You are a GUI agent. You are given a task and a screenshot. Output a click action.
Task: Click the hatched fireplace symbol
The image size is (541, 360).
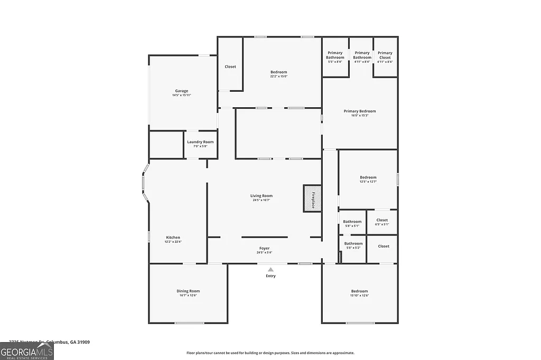click(312, 198)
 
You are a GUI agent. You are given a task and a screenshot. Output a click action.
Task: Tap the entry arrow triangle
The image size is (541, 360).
click(270, 269)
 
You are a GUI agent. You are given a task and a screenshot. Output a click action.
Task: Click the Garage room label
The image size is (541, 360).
click(182, 91)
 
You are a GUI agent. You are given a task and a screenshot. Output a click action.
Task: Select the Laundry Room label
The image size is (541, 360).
click(200, 142)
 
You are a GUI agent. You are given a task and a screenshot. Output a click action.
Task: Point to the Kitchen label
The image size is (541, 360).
click(173, 238)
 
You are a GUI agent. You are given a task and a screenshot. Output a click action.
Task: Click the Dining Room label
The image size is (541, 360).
click(188, 291)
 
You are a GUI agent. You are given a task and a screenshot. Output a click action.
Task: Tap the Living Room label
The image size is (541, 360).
click(262, 196)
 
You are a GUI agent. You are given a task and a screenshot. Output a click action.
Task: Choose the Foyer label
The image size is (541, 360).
click(264, 248)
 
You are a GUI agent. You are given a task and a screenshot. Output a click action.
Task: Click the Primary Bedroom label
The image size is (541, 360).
click(360, 111)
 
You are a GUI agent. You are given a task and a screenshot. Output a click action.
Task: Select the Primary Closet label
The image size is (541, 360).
click(385, 53)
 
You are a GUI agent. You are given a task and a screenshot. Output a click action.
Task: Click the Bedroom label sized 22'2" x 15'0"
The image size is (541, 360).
click(279, 72)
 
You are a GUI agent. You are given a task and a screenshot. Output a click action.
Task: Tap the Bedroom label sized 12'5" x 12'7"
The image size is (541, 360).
click(368, 177)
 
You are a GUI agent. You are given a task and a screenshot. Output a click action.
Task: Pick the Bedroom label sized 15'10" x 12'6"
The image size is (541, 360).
click(360, 291)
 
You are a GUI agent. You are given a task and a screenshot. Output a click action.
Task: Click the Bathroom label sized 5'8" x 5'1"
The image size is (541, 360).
click(352, 222)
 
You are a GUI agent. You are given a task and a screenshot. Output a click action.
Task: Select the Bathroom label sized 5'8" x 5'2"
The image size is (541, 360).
click(354, 243)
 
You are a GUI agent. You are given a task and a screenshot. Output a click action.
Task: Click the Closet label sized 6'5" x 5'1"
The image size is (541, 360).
click(382, 220)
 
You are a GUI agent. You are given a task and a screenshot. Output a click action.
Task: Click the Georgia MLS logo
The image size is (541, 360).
click(27, 352)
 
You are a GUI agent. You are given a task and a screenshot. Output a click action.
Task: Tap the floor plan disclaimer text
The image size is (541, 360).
click(270, 353)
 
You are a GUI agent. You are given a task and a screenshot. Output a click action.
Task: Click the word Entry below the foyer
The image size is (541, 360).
click(270, 276)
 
